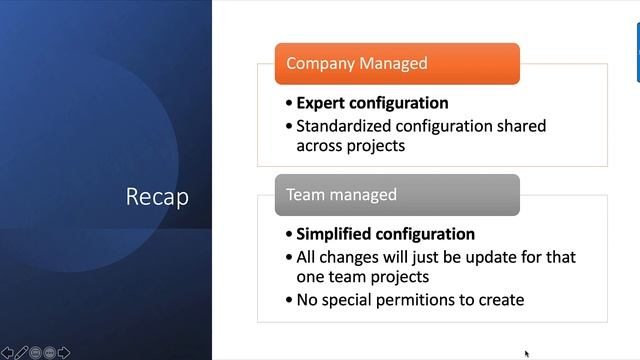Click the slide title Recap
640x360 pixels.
click(157, 197)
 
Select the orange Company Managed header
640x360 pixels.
click(397, 63)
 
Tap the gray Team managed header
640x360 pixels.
click(397, 195)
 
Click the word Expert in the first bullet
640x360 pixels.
click(321, 103)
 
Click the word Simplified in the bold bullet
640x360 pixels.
click(334, 234)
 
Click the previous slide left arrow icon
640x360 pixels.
click(7, 352)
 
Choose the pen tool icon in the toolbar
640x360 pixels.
click(21, 352)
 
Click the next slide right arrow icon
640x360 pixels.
click(64, 352)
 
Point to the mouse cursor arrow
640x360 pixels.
click(526, 353)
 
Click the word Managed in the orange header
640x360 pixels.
click(392, 63)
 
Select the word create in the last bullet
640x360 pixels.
click(498, 299)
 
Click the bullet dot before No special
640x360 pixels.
click(288, 300)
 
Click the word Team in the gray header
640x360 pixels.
click(305, 195)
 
